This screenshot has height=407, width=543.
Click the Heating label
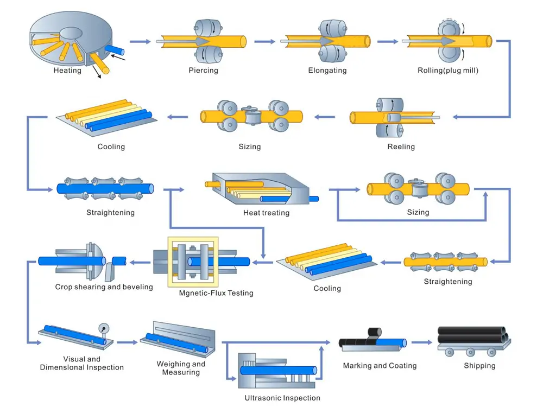click(67, 71)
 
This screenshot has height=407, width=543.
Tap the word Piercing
click(203, 71)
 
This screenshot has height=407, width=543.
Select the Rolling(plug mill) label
click(448, 71)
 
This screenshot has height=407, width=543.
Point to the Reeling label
click(401, 147)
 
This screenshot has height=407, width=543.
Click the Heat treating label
click(266, 213)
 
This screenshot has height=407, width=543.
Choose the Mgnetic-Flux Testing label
click(216, 293)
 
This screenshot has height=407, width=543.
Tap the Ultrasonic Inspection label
click(282, 398)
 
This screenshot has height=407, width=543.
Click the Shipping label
click(479, 366)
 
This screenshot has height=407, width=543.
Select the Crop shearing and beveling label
click(104, 287)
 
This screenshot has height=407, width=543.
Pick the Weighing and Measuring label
click(181, 368)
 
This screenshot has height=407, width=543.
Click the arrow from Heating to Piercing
click(140, 41)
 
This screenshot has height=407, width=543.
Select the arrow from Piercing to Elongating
click(264, 41)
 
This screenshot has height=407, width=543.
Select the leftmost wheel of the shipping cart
click(449, 352)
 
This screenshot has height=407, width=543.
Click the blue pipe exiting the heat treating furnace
click(314, 199)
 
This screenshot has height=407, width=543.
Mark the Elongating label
click(327, 71)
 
